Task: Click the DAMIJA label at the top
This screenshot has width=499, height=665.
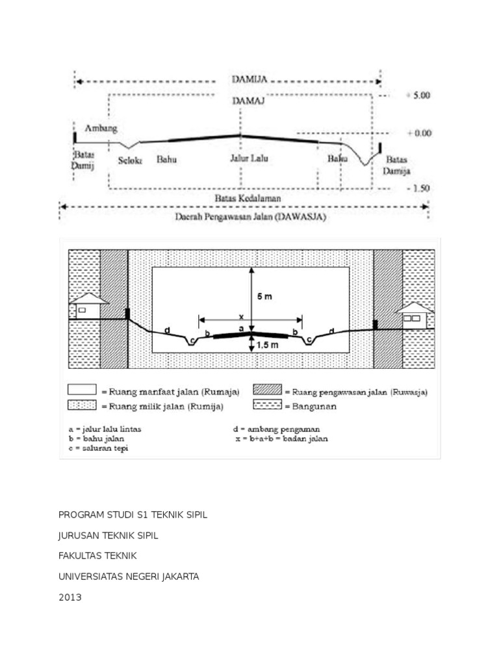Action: click(x=249, y=81)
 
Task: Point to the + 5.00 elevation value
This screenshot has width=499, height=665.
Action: click(x=418, y=95)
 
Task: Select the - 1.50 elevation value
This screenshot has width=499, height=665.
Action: click(x=418, y=188)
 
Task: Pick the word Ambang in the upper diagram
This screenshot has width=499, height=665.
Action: click(x=102, y=129)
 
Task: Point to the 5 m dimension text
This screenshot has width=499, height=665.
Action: click(x=264, y=297)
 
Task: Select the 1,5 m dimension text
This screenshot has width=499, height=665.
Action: click(x=267, y=345)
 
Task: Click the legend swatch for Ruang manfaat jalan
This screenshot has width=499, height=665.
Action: click(x=82, y=390)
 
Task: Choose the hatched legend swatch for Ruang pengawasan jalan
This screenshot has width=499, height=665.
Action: click(x=267, y=390)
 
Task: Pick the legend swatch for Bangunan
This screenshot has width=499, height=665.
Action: click(x=267, y=405)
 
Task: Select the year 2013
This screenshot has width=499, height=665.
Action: click(x=70, y=597)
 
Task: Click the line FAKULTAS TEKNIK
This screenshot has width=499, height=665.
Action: click(x=98, y=556)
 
